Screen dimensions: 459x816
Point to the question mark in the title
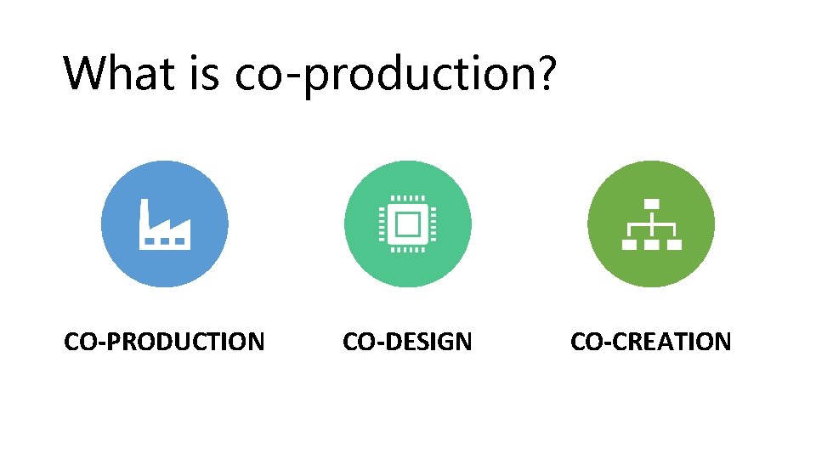click(545, 73)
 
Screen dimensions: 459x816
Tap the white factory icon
click(165, 224)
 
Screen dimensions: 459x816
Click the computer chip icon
click(408, 224)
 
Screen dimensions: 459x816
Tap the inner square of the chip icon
click(408, 224)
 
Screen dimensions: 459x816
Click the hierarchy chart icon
click(651, 224)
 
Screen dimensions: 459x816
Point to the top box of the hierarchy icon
click(651, 204)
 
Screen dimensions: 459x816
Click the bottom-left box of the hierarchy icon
click(630, 244)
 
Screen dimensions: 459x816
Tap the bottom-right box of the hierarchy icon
click(673, 244)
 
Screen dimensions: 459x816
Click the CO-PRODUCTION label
click(165, 342)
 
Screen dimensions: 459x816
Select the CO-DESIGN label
click(407, 342)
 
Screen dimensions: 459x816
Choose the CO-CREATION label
click(650, 342)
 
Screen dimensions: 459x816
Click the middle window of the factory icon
click(165, 241)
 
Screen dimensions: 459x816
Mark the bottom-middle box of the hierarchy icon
click(651, 244)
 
